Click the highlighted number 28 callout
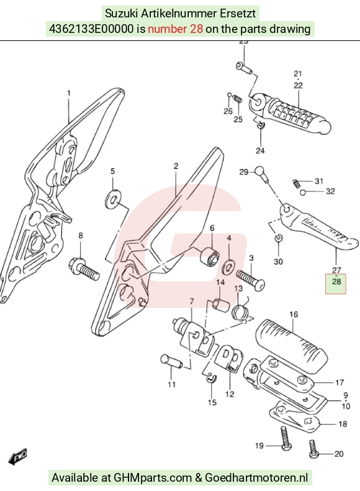point(336,282)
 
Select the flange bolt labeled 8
point(84,270)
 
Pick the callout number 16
point(294,314)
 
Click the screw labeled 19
point(285,438)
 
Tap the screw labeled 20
point(313,449)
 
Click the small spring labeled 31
point(296,183)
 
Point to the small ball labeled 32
point(302,192)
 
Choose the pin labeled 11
point(171,361)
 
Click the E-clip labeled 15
point(211,378)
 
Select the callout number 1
point(68,93)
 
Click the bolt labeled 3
point(250,280)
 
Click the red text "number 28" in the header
point(175,29)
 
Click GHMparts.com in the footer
point(153,478)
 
